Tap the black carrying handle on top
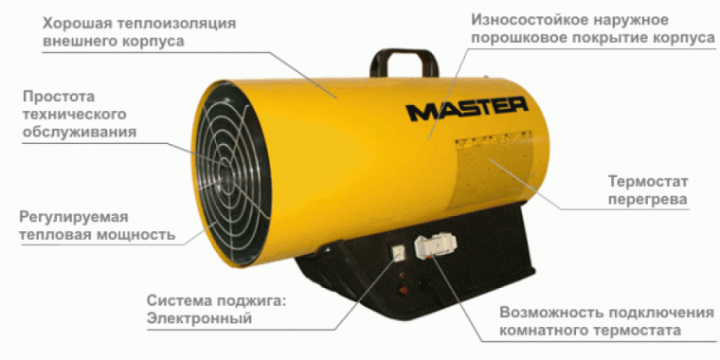point(407,60)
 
